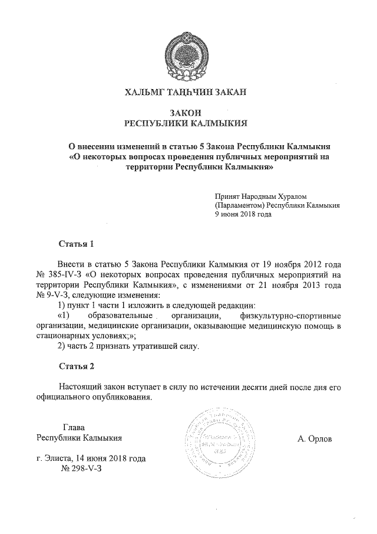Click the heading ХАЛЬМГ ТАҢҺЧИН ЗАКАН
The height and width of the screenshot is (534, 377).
tap(188, 92)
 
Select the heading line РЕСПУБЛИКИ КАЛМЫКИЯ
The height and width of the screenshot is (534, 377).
tap(187, 123)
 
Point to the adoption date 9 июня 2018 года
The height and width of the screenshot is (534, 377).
tap(243, 215)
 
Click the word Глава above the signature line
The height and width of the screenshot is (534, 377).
tap(74, 427)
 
